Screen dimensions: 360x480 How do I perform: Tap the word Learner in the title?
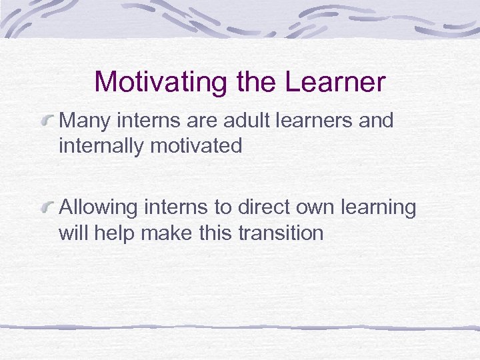[x=335, y=83]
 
